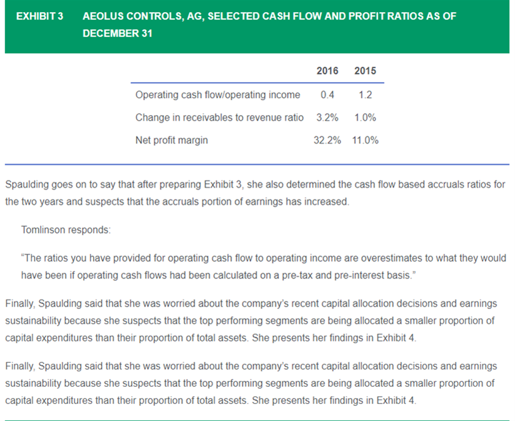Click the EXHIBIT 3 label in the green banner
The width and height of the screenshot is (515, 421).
40,16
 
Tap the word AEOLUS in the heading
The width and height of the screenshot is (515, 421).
103,16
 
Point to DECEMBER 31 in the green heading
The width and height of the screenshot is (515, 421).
117,33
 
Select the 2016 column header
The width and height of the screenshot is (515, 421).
327,70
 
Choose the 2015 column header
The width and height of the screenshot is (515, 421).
365,70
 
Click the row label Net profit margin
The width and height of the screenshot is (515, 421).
171,140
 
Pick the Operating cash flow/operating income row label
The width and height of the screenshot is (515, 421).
218,95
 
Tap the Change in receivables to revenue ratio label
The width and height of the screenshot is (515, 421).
219,117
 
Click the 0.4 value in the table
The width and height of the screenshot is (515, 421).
327,95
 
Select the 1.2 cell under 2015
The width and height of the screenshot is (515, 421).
365,95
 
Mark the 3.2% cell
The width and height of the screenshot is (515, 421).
327,117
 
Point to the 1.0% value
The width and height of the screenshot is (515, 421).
365,117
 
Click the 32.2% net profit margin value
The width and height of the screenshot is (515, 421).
327,140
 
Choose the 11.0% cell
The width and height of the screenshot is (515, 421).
365,140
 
